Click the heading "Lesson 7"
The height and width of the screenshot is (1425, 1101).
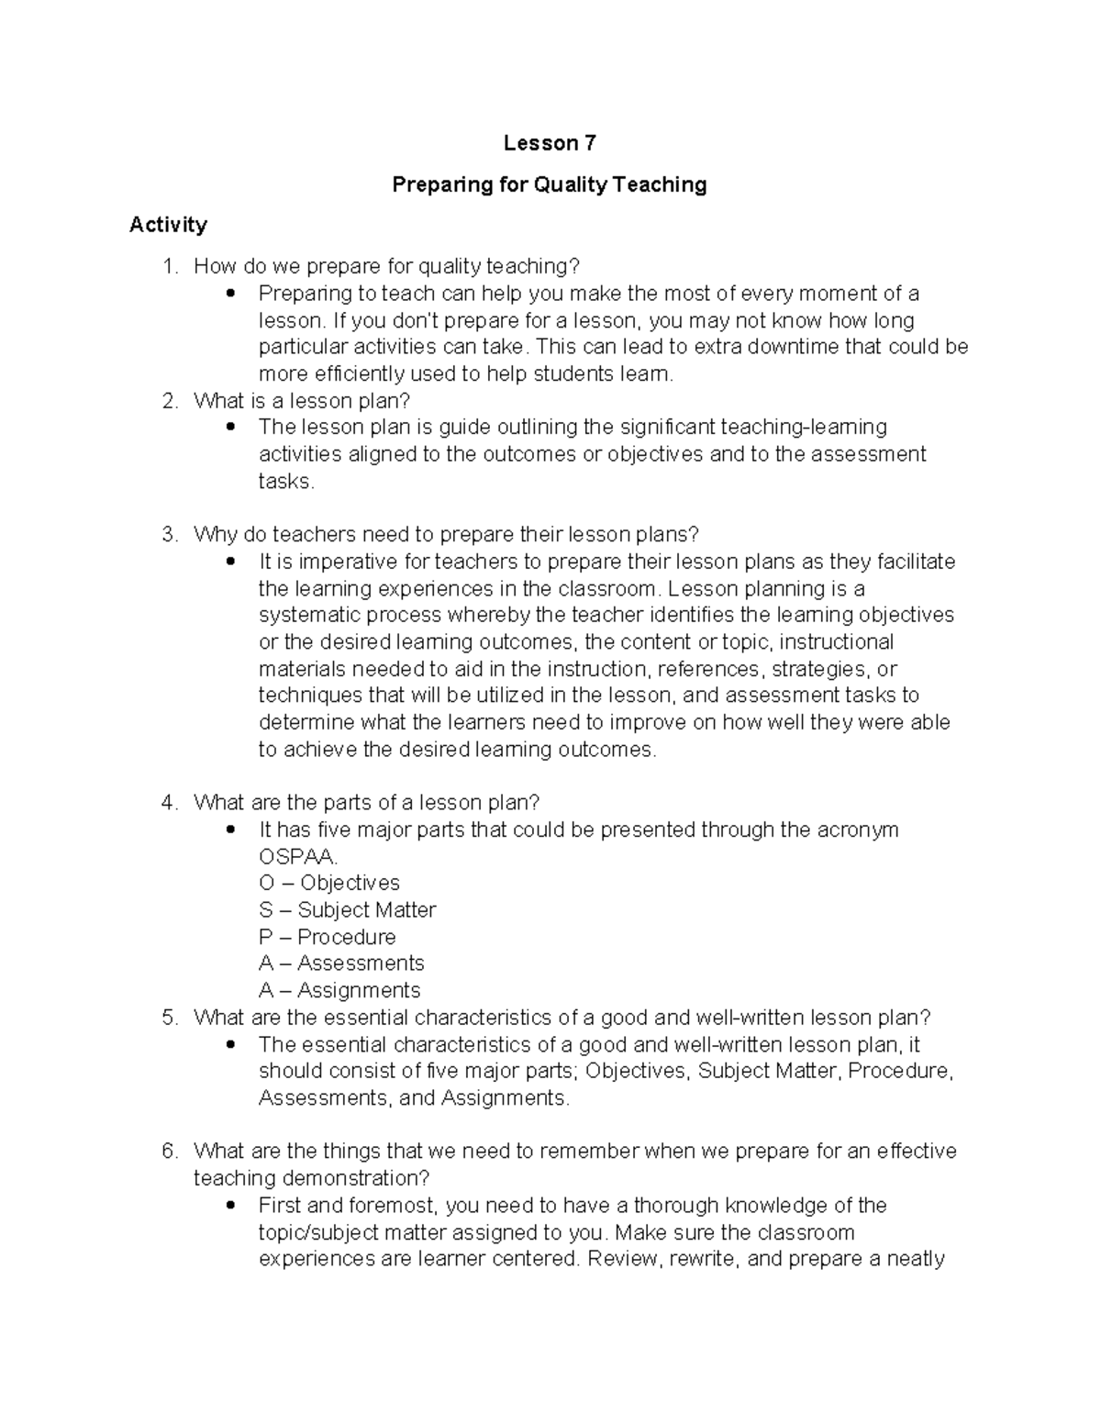550,143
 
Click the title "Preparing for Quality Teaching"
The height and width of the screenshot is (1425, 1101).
550,184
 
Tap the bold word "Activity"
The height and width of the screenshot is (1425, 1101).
168,225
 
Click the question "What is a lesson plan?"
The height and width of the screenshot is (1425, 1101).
302,401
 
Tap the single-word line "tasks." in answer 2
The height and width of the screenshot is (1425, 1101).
286,482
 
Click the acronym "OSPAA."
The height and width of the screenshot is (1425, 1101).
298,857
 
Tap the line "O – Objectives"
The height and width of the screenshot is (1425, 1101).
329,884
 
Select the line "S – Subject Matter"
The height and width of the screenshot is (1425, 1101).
347,910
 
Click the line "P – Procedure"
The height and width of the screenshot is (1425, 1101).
328,937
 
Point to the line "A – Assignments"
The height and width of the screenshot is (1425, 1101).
339,991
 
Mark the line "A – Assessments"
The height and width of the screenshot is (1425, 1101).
341,963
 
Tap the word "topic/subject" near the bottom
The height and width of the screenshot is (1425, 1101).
313,1232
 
